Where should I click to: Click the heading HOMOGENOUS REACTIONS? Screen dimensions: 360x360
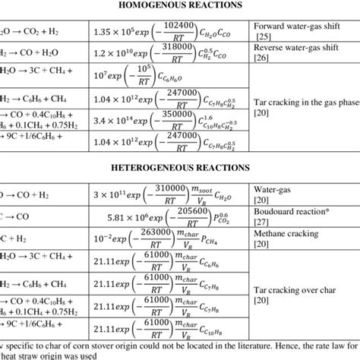179,7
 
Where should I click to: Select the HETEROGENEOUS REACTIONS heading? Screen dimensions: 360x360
179,168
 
